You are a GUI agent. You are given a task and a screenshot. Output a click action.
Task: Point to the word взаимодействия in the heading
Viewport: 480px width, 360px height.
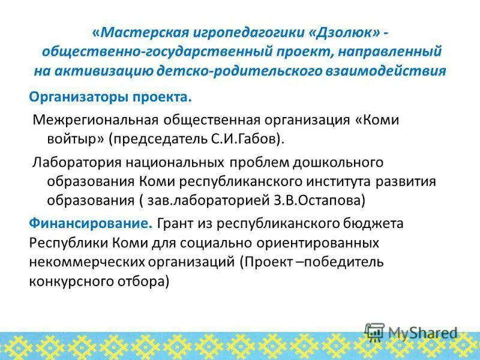point(397,70)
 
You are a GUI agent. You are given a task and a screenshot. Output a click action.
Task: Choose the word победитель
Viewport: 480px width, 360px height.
point(341,262)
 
